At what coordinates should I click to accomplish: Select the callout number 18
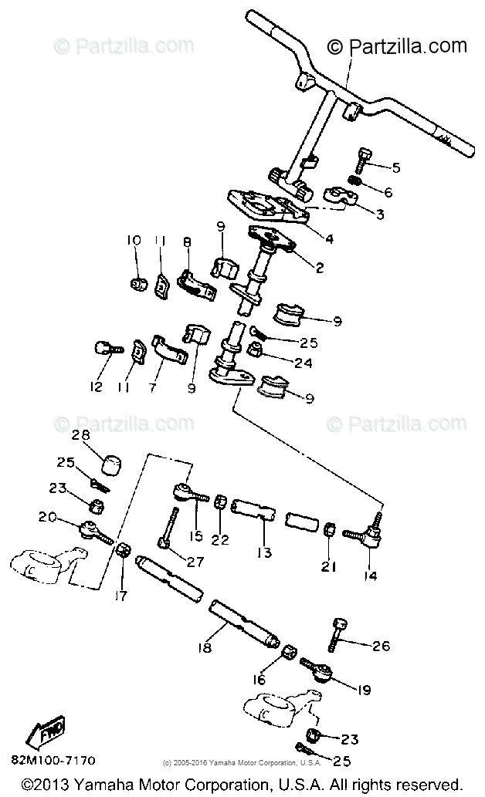[x=205, y=647]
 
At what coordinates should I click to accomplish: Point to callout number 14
[x=369, y=575]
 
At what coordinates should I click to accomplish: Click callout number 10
[x=134, y=241]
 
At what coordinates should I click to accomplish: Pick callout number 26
[x=381, y=646]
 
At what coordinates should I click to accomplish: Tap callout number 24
[x=304, y=362]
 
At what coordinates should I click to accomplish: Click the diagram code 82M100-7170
[x=53, y=760]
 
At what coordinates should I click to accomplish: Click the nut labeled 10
[x=138, y=284]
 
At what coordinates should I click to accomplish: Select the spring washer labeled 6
[x=357, y=182]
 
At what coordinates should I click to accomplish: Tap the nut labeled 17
[x=123, y=552]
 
